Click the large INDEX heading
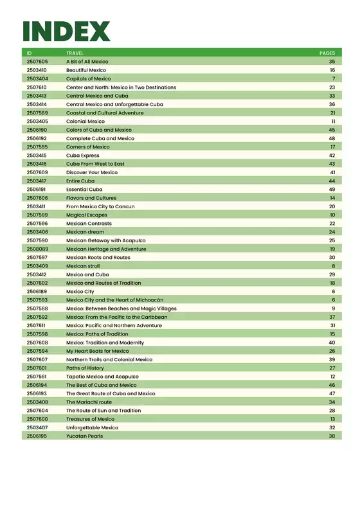click(x=66, y=31)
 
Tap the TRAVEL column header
click(x=75, y=53)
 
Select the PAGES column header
click(x=327, y=53)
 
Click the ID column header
click(x=29, y=53)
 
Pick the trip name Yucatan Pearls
click(x=84, y=436)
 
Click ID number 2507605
click(x=37, y=61)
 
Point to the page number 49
click(x=332, y=190)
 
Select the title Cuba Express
click(x=83, y=156)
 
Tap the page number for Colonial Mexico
click(x=333, y=121)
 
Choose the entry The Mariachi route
click(x=89, y=402)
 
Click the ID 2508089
click(x=37, y=249)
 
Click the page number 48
click(x=332, y=138)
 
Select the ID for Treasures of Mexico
click(x=37, y=419)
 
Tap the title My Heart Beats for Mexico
click(x=98, y=351)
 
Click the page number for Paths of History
click(x=332, y=368)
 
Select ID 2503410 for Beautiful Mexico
click(x=37, y=70)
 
